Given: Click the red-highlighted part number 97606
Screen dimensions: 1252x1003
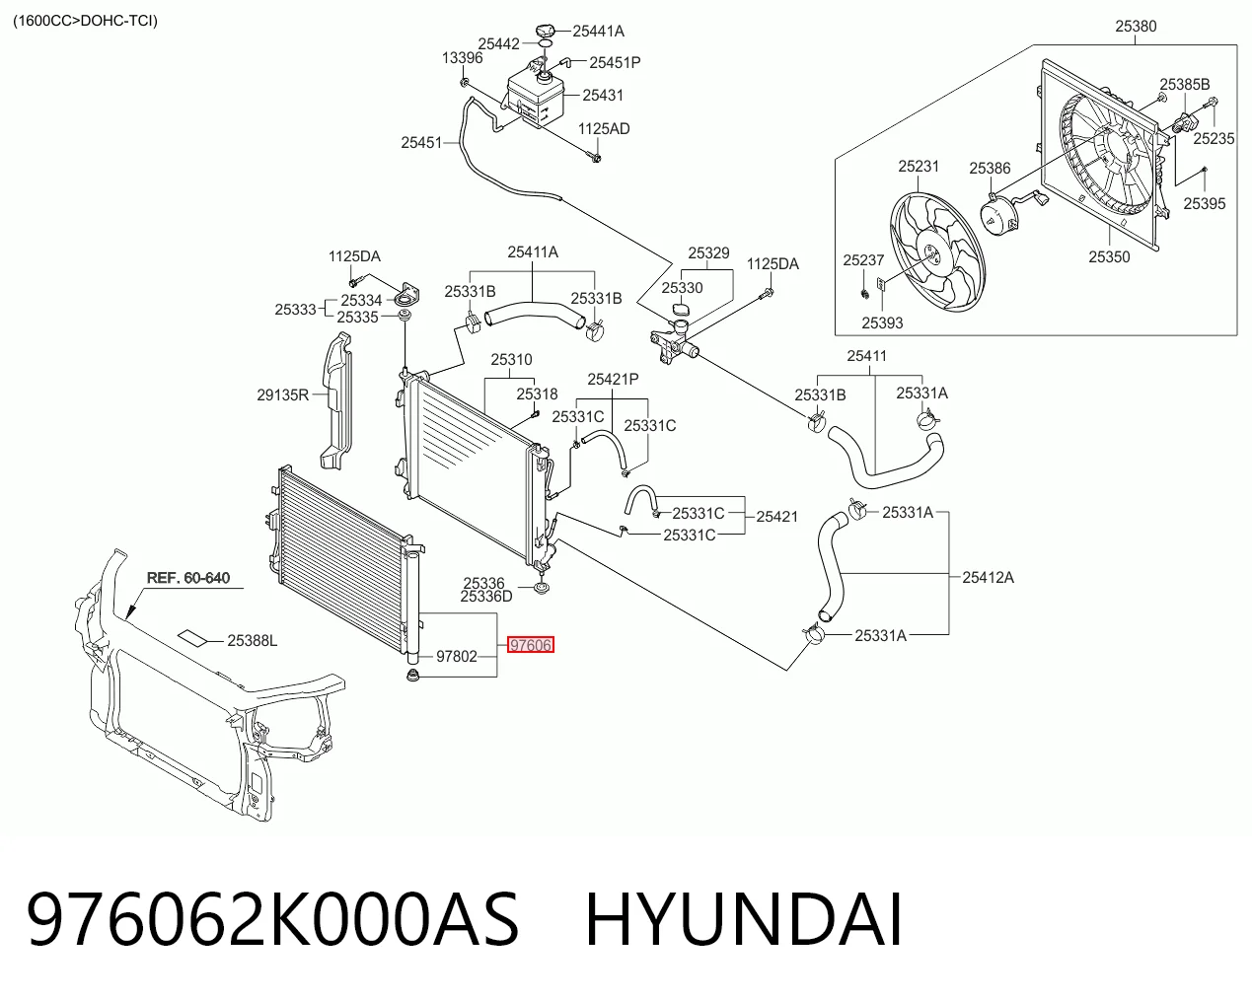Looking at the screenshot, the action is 530,645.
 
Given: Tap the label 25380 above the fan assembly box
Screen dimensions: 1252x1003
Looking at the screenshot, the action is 1136,27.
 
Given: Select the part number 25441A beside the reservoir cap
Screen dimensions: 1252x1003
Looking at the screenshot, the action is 598,32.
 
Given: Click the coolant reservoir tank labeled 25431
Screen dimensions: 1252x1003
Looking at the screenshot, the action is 536,98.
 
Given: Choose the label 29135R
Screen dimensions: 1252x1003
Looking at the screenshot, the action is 283,395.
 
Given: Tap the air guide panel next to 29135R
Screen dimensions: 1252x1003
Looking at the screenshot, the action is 336,400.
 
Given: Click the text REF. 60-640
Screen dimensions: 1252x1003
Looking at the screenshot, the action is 187,578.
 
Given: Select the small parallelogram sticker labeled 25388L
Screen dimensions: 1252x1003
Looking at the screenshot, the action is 192,638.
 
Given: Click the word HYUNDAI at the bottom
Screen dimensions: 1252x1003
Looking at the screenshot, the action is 744,919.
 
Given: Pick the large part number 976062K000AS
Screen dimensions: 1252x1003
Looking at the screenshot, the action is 272,919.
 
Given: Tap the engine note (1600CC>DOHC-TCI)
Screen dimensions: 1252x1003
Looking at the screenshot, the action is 86,22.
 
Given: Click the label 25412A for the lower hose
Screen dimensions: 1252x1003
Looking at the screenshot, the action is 988,577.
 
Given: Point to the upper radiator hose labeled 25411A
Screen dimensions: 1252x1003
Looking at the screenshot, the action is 534,314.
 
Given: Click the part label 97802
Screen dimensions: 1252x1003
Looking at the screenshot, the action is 456,656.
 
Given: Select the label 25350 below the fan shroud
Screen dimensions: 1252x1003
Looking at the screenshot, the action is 1109,257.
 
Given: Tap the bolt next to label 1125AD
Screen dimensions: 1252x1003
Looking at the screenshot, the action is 595,157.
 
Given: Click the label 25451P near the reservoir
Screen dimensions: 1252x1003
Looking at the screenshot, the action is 615,63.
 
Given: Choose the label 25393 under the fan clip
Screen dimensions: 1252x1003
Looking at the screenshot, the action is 882,322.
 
